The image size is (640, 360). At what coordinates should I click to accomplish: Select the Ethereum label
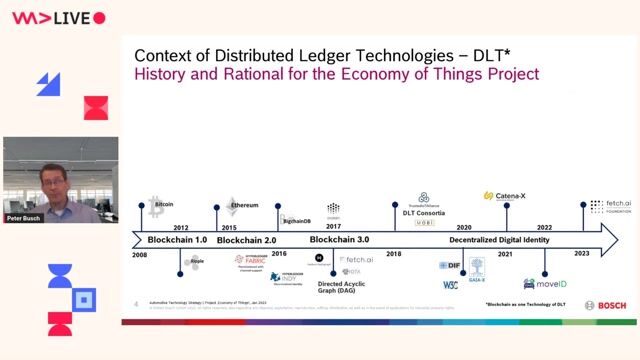click(x=245, y=205)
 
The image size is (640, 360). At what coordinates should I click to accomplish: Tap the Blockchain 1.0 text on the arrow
click(x=177, y=240)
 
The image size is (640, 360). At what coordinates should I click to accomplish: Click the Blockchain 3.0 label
click(x=339, y=240)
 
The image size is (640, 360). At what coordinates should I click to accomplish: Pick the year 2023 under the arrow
click(x=582, y=253)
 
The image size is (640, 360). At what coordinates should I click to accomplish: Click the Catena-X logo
click(x=507, y=196)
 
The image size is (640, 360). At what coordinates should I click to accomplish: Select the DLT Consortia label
click(x=424, y=212)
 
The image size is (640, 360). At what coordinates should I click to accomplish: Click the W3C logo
click(x=450, y=285)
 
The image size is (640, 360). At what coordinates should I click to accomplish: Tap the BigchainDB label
click(x=295, y=220)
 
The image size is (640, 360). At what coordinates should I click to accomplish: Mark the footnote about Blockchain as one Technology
click(x=525, y=303)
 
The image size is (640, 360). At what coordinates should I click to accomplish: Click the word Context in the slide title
click(x=166, y=55)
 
